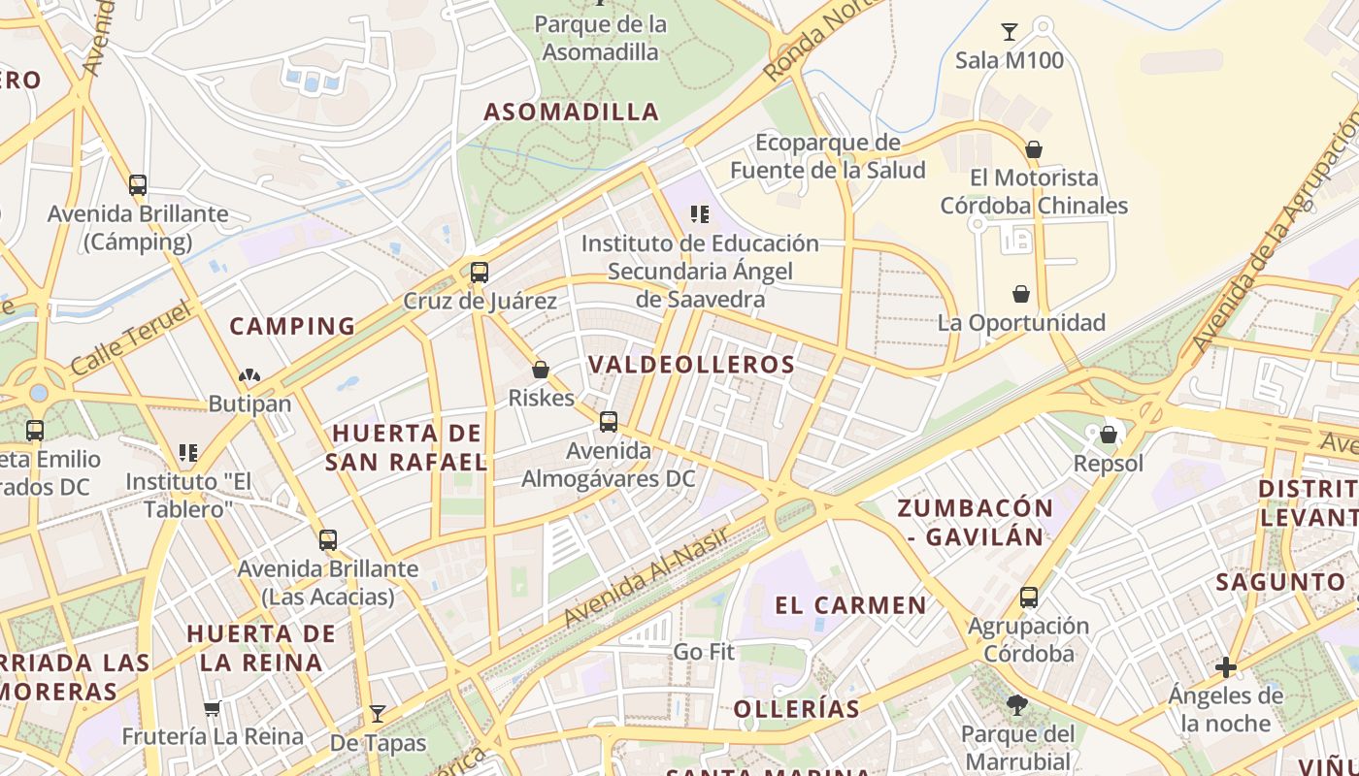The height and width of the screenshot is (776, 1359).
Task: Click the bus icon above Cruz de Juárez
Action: click(x=479, y=272)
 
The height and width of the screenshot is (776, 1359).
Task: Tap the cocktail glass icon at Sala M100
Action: click(x=1010, y=32)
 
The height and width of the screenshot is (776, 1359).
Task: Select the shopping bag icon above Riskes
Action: click(x=541, y=370)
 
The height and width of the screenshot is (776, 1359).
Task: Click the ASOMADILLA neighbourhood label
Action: click(x=572, y=112)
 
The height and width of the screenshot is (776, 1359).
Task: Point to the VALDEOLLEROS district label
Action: click(x=691, y=365)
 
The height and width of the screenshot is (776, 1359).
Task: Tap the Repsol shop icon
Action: click(x=1109, y=435)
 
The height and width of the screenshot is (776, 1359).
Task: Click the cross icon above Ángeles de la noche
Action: click(x=1226, y=667)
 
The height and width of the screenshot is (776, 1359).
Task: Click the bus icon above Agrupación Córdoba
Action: click(x=1029, y=598)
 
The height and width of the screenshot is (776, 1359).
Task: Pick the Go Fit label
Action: click(x=704, y=652)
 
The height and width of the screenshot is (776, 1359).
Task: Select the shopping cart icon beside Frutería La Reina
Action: click(x=213, y=709)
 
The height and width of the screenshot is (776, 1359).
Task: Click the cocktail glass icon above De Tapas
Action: click(x=378, y=715)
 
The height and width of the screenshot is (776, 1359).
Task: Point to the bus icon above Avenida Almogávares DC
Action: click(x=609, y=422)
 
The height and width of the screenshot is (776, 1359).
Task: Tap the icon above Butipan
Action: click(x=249, y=375)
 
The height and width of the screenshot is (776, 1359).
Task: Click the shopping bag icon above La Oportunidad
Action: click(x=1021, y=294)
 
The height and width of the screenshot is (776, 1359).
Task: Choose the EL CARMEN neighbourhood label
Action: click(x=850, y=605)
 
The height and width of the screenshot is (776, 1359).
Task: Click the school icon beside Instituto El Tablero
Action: click(x=188, y=452)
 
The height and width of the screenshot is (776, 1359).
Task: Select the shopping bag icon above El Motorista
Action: click(x=1034, y=149)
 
